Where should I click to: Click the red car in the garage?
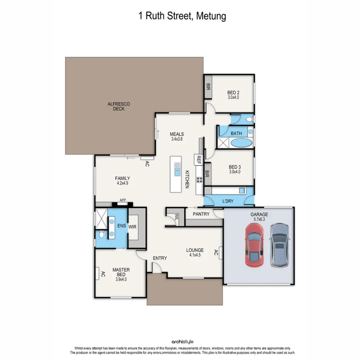pos(254,245)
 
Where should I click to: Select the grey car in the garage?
pos(279,245)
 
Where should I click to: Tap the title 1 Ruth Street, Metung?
pos(182,16)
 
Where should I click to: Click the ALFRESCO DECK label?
pos(119,106)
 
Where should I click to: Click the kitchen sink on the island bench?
pos(177,170)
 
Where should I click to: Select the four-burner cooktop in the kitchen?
pos(199,180)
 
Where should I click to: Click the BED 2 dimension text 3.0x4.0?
pos(233,98)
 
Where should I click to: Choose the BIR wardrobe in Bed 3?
pos(207,174)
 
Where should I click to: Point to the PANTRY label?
pos(201,214)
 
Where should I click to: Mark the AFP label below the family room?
pos(123,200)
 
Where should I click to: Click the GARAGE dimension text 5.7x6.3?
pos(259,220)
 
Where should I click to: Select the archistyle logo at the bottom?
pos(182,342)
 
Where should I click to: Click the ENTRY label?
pos(160,258)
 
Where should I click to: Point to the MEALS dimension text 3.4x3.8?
pos(177,139)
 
